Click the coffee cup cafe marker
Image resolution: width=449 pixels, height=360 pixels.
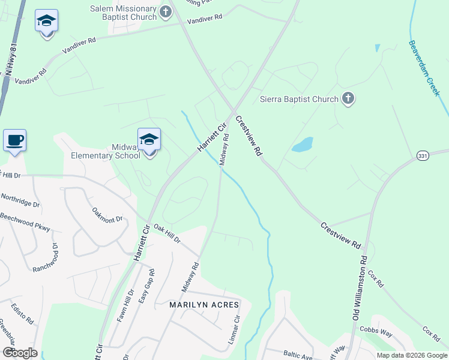14,141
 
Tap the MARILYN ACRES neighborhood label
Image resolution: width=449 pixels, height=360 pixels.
204,305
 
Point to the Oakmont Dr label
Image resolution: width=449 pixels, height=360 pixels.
107,214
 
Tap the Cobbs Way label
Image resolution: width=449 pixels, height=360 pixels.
376,329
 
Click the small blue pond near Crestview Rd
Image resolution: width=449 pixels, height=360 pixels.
302,145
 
